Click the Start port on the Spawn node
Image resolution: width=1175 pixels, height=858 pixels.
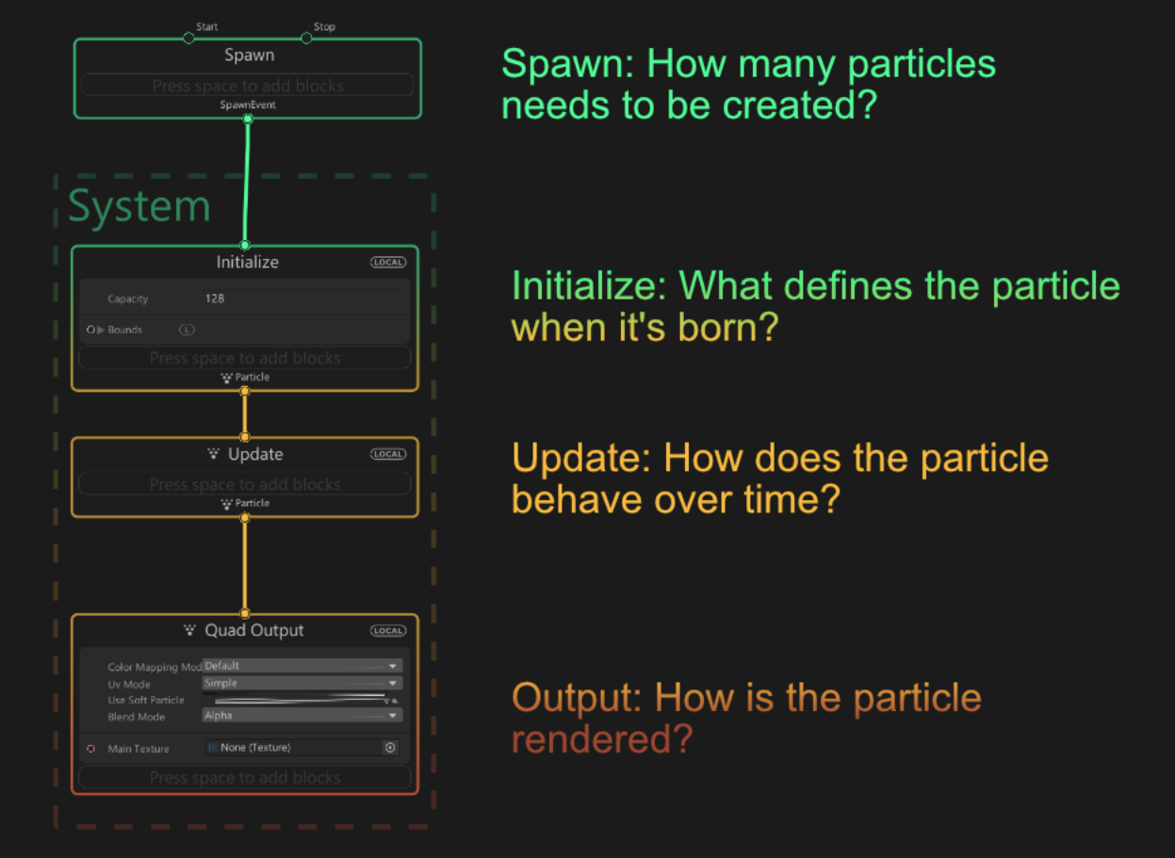click(x=188, y=38)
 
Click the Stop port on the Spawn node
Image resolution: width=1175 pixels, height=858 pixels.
click(x=306, y=38)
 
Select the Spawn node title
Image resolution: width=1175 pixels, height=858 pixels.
click(x=249, y=56)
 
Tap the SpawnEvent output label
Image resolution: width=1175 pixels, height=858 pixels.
click(x=248, y=105)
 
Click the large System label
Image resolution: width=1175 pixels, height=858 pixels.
click(x=139, y=206)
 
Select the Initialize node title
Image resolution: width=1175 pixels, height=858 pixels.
click(x=247, y=263)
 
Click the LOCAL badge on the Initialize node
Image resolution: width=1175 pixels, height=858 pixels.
click(x=387, y=263)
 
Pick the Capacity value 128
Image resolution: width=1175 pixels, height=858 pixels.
click(x=215, y=299)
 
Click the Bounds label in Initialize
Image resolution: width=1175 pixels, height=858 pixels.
click(x=125, y=330)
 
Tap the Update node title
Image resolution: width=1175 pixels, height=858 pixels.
click(x=254, y=454)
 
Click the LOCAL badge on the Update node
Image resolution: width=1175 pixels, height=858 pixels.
click(x=387, y=454)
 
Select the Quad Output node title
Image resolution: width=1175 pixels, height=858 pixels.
click(x=253, y=631)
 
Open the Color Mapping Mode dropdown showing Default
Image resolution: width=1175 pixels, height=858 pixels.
click(x=302, y=666)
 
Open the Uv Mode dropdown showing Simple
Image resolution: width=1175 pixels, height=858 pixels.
click(x=302, y=683)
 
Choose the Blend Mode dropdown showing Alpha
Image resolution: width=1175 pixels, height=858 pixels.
click(x=302, y=716)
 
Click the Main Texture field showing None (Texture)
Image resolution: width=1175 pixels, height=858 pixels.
click(x=292, y=748)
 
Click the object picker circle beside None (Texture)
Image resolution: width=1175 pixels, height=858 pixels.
click(x=390, y=748)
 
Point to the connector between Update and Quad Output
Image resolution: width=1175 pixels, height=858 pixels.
click(x=245, y=565)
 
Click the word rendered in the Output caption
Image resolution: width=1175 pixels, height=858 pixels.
click(x=601, y=739)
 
